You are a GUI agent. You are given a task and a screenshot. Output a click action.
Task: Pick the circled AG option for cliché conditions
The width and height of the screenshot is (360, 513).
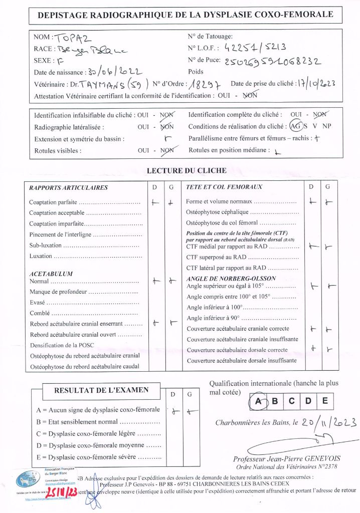(296, 126)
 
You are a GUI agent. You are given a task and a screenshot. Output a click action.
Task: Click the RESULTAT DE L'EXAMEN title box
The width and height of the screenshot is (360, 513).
(94, 390)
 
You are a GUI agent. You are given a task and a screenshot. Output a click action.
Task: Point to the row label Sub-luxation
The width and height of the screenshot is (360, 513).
(46, 245)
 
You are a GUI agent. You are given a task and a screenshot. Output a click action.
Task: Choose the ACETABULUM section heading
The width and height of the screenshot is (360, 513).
(51, 274)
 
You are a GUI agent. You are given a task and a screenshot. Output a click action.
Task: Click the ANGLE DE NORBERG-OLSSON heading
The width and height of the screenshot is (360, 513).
(226, 279)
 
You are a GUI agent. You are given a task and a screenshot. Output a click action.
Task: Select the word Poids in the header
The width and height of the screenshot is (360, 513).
(196, 72)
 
